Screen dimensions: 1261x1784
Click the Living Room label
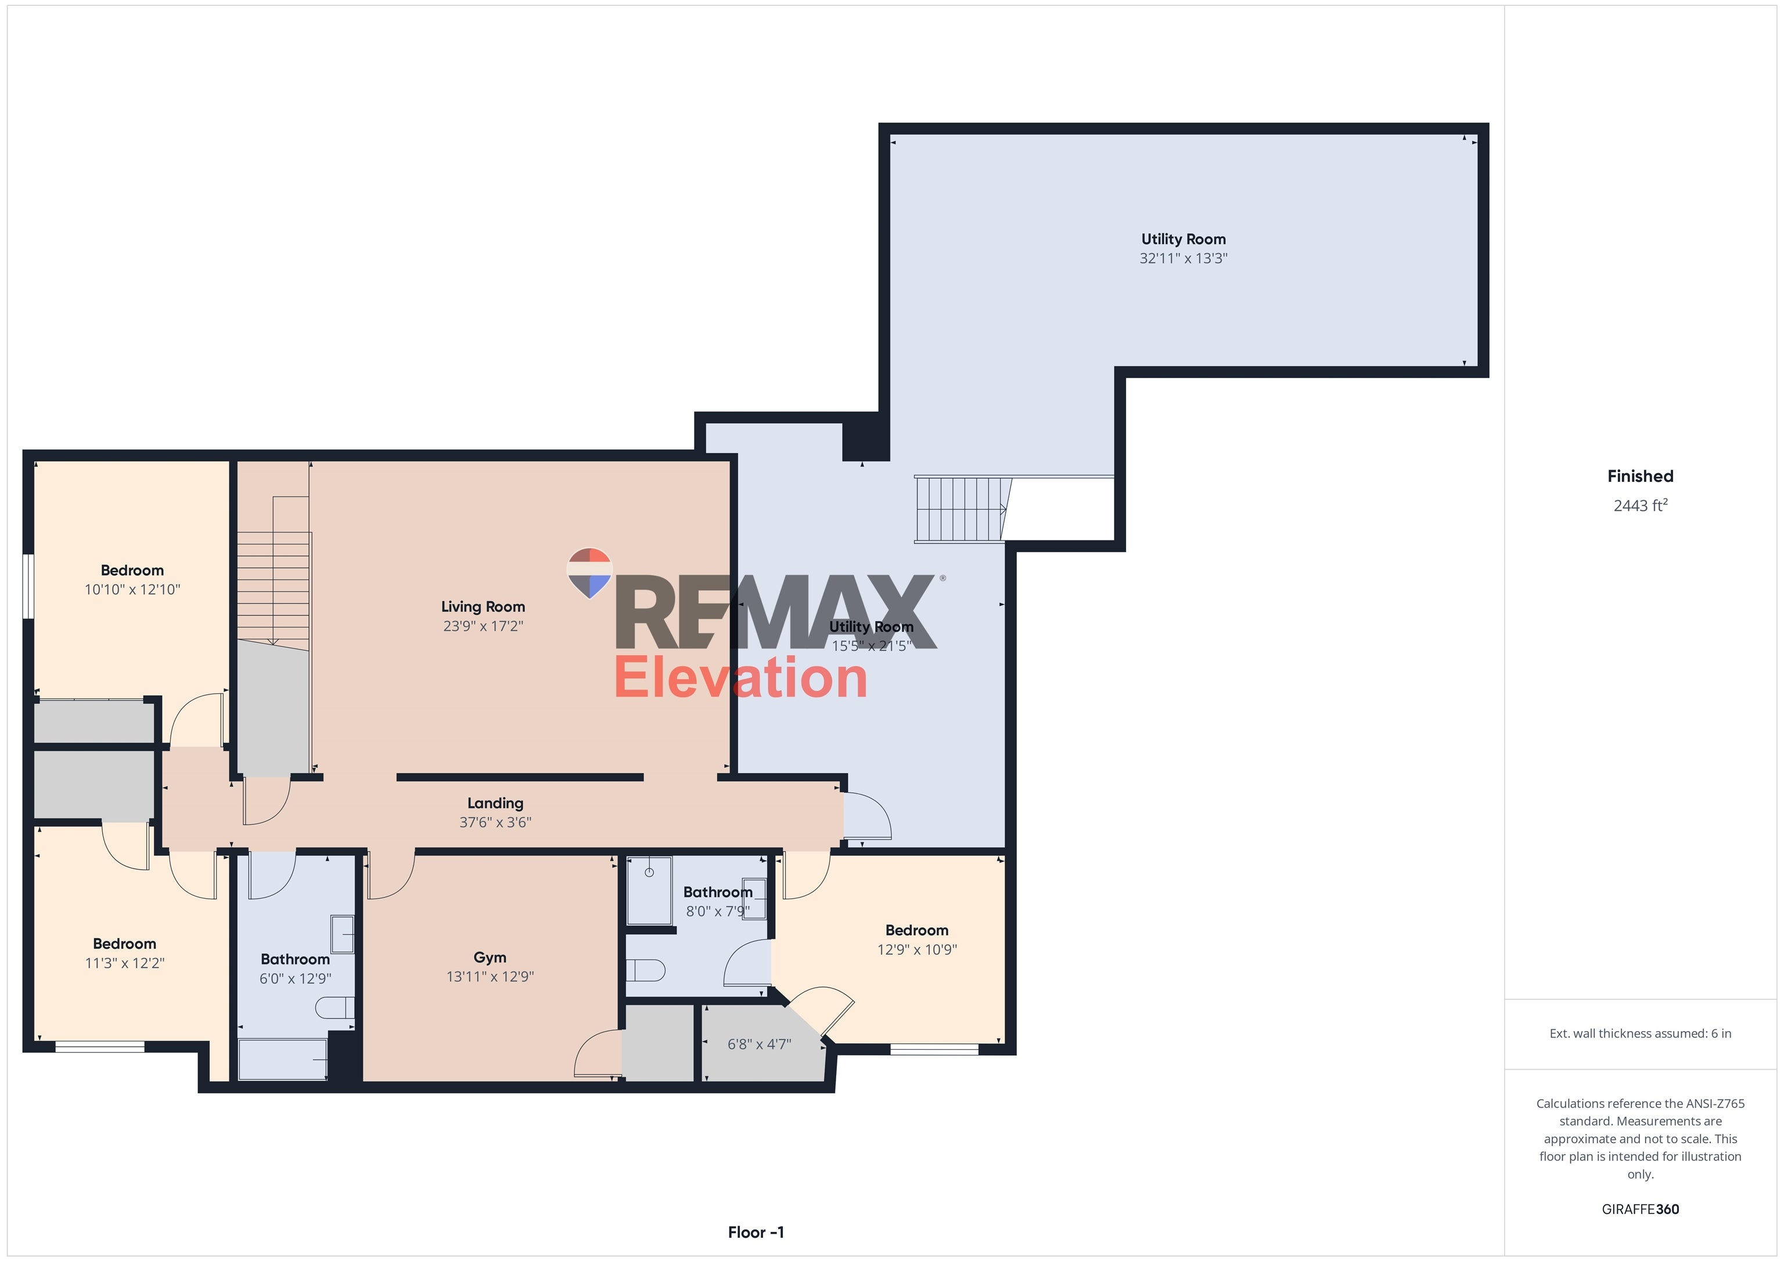pyautogui.click(x=483, y=607)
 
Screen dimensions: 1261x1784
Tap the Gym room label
pyautogui.click(x=490, y=957)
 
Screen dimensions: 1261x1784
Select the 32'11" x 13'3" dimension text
pyautogui.click(x=1182, y=259)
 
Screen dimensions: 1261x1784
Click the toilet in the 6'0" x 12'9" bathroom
pyautogui.click(x=335, y=1008)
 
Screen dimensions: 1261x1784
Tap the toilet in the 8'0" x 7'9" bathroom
pyautogui.click(x=646, y=970)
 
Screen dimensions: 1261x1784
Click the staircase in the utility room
pyautogui.click(x=961, y=510)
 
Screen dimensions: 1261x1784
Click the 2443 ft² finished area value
pyautogui.click(x=1640, y=506)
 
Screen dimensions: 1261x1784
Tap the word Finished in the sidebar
pyautogui.click(x=1640, y=476)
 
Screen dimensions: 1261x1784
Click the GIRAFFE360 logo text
pyautogui.click(x=1640, y=1209)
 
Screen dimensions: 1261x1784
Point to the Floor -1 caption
pyautogui.click(x=756, y=1232)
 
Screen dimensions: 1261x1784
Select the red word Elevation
pyautogui.click(x=740, y=678)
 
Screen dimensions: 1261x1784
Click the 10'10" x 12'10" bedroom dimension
pyautogui.click(x=132, y=590)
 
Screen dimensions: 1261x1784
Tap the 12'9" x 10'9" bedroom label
pyautogui.click(x=917, y=930)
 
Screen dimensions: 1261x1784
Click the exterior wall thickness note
pyautogui.click(x=1640, y=1033)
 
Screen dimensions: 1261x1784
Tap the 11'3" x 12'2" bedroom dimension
pyautogui.click(x=124, y=963)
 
